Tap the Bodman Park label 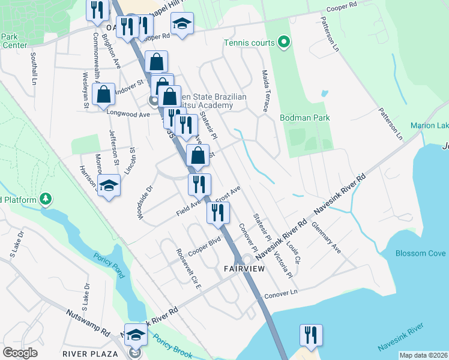[305, 118]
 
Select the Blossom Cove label [420, 253]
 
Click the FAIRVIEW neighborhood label [244, 268]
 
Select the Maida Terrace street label [265, 91]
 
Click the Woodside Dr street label [146, 202]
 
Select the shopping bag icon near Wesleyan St [104, 94]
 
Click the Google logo [20, 353]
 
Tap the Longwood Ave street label [128, 112]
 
